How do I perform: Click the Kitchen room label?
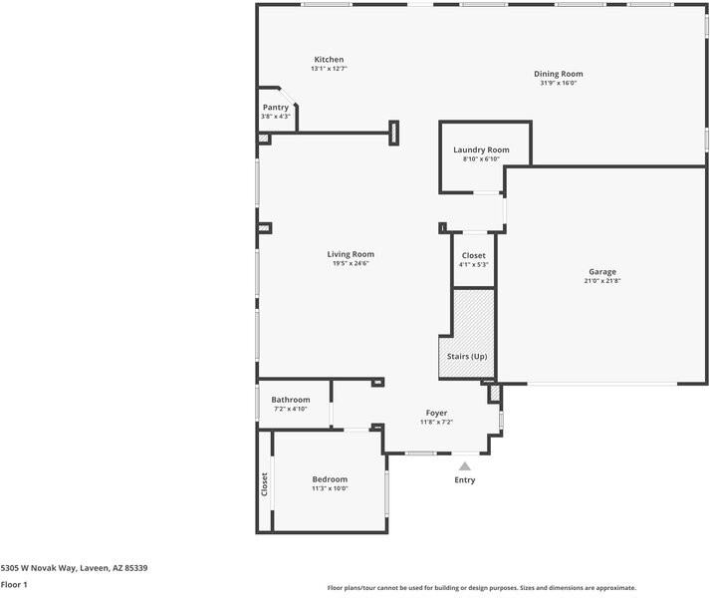click(x=328, y=60)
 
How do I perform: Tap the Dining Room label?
click(x=558, y=74)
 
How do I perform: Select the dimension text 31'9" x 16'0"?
click(x=558, y=84)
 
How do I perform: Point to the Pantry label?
click(x=276, y=107)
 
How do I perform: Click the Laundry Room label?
click(x=481, y=149)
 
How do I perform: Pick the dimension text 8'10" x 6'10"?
click(x=481, y=159)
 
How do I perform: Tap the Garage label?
click(x=601, y=271)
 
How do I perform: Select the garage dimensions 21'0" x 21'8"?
click(x=601, y=281)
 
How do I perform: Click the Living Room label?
click(x=351, y=254)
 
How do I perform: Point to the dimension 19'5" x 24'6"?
click(x=351, y=264)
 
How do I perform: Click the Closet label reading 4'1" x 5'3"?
click(x=474, y=255)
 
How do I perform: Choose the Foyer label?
click(x=436, y=413)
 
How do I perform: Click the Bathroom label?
click(x=291, y=400)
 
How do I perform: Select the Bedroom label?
click(x=330, y=479)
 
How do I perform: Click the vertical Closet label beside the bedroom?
click(x=265, y=484)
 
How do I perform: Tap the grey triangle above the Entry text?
click(x=465, y=465)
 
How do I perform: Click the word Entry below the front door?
click(x=465, y=480)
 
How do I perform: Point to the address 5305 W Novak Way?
click(x=75, y=568)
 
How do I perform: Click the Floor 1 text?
click(x=14, y=585)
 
